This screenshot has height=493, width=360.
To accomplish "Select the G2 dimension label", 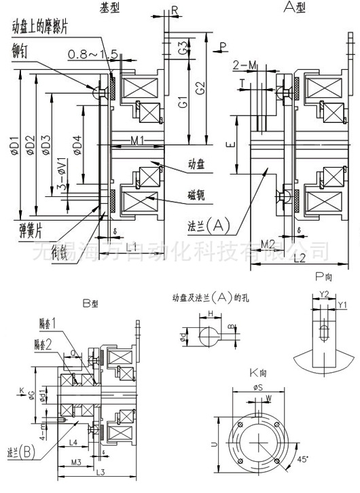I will (198, 87).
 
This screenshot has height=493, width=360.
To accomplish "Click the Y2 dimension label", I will (324, 293).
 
